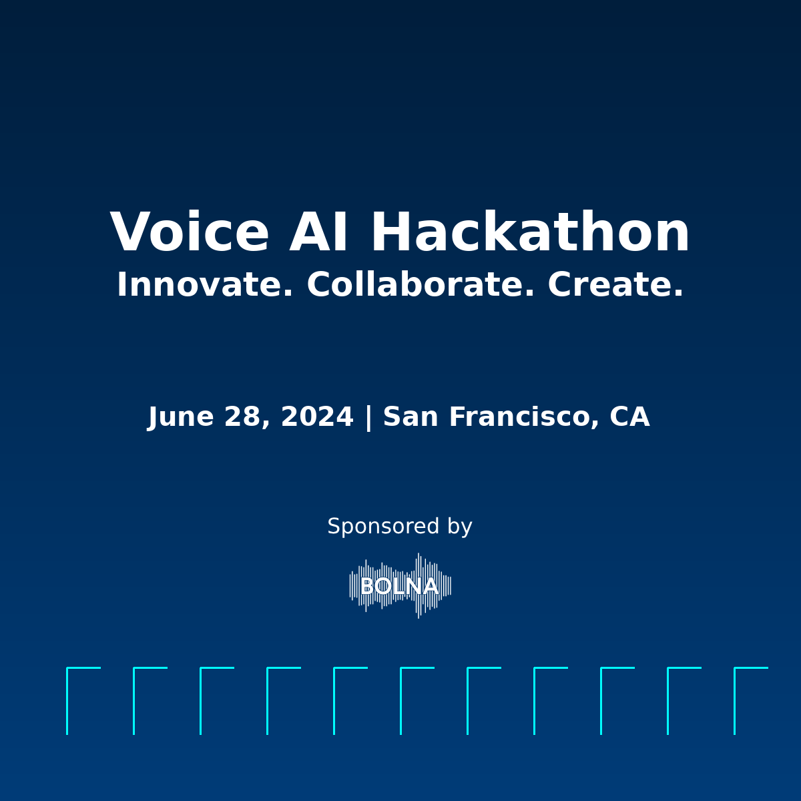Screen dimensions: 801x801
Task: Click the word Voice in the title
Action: (x=190, y=231)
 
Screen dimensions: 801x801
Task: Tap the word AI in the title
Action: (x=318, y=231)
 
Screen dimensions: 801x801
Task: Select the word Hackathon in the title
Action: (x=531, y=231)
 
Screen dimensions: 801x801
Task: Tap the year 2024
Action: (x=317, y=417)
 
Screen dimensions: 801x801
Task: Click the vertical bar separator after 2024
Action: (x=368, y=417)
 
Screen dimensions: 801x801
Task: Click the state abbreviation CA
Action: (x=629, y=417)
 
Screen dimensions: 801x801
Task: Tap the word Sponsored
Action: (x=383, y=527)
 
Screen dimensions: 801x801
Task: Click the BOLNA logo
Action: (x=400, y=586)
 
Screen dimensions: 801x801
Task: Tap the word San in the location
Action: (x=411, y=417)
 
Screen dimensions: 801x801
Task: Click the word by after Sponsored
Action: (x=460, y=527)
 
